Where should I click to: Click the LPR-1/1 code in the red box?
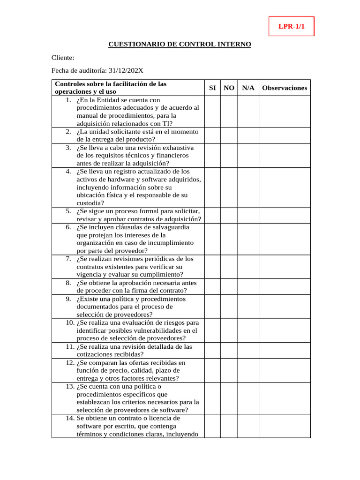pyautogui.click(x=291, y=27)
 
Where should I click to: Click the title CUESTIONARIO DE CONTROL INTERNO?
pyautogui.click(x=180, y=44)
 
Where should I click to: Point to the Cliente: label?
pyautogui.click(x=63, y=58)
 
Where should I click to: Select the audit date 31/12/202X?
pyautogui.click(x=126, y=71)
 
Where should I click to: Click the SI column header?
pyautogui.click(x=212, y=88)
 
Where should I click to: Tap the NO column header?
pyautogui.click(x=229, y=88)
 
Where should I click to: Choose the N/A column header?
pyautogui.click(x=248, y=88)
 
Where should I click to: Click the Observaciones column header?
pyautogui.click(x=285, y=88)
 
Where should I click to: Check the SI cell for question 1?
pyautogui.click(x=212, y=112)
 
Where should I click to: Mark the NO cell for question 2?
pyautogui.click(x=229, y=135)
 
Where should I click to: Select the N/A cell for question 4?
pyautogui.click(x=248, y=187)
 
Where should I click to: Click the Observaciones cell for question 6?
pyautogui.click(x=285, y=239)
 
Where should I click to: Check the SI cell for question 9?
pyautogui.click(x=212, y=307)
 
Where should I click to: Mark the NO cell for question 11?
pyautogui.click(x=229, y=351)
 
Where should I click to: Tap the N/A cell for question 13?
pyautogui.click(x=248, y=398)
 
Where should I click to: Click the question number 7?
pyautogui.click(x=68, y=259)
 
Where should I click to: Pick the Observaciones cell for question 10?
pyautogui.click(x=285, y=330)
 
